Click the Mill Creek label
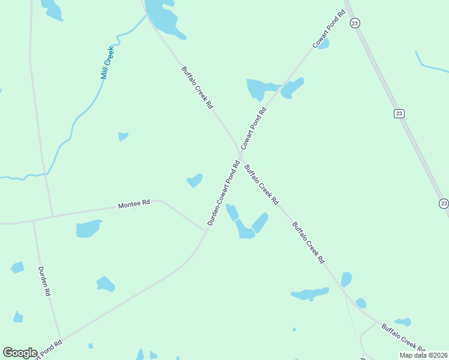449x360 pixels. [x=107, y=63]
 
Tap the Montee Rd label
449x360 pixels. [x=133, y=205]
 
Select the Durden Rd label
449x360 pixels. [x=44, y=282]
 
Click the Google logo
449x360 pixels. [x=20, y=353]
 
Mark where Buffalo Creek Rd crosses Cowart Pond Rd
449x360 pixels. [x=239, y=155]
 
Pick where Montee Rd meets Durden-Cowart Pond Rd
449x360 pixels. [x=206, y=230]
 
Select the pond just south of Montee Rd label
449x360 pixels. [x=88, y=229]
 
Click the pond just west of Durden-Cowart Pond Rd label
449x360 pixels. [x=194, y=179]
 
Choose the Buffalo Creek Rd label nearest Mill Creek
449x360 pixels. [x=197, y=87]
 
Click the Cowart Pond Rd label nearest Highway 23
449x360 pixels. [x=328, y=29]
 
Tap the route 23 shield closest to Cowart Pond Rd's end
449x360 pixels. [x=355, y=23]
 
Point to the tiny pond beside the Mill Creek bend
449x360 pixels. [x=123, y=136]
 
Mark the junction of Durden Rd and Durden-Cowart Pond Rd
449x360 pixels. [x=60, y=338]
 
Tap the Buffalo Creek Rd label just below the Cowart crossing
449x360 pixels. [x=261, y=184]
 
